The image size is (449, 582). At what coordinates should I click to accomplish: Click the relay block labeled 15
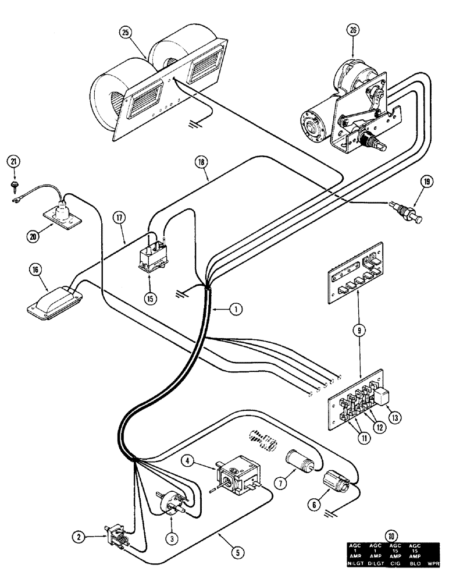[x=153, y=258]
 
